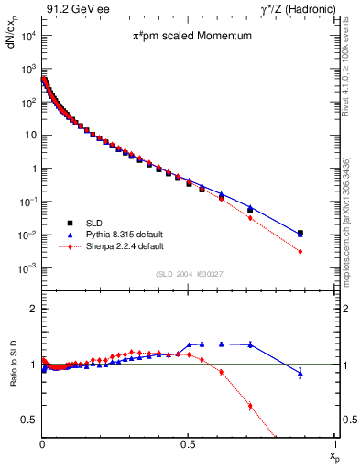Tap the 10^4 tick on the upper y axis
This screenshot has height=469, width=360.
tap(27, 36)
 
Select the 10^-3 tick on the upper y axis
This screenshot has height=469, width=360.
tap(27, 267)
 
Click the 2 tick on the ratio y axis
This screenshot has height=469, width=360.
tap(33, 309)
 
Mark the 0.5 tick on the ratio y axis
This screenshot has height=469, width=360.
tap(30, 420)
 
